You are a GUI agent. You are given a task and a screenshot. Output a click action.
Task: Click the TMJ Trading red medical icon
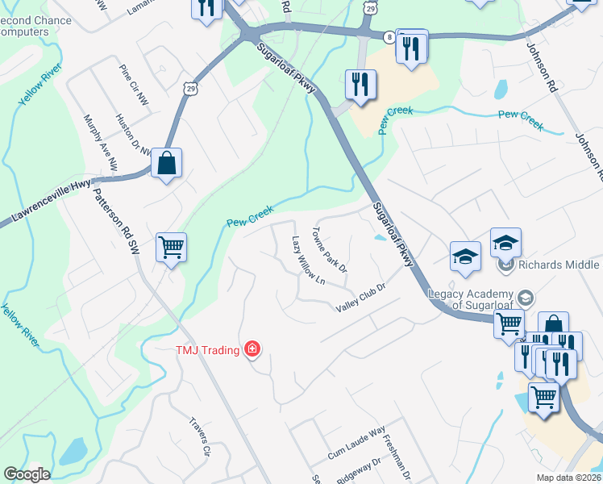click(252, 349)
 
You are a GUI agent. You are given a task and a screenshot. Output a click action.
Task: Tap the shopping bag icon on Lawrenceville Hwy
click(166, 164)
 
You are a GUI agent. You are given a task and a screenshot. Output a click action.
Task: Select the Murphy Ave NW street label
click(100, 143)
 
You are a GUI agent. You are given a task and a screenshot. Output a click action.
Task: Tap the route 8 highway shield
click(389, 37)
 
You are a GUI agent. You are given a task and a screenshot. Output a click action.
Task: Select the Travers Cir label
click(199, 436)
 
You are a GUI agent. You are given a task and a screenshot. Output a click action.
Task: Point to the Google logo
click(27, 474)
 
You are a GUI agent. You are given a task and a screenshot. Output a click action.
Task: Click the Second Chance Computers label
click(24, 26)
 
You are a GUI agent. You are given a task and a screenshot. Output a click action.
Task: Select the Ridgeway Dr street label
click(358, 472)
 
